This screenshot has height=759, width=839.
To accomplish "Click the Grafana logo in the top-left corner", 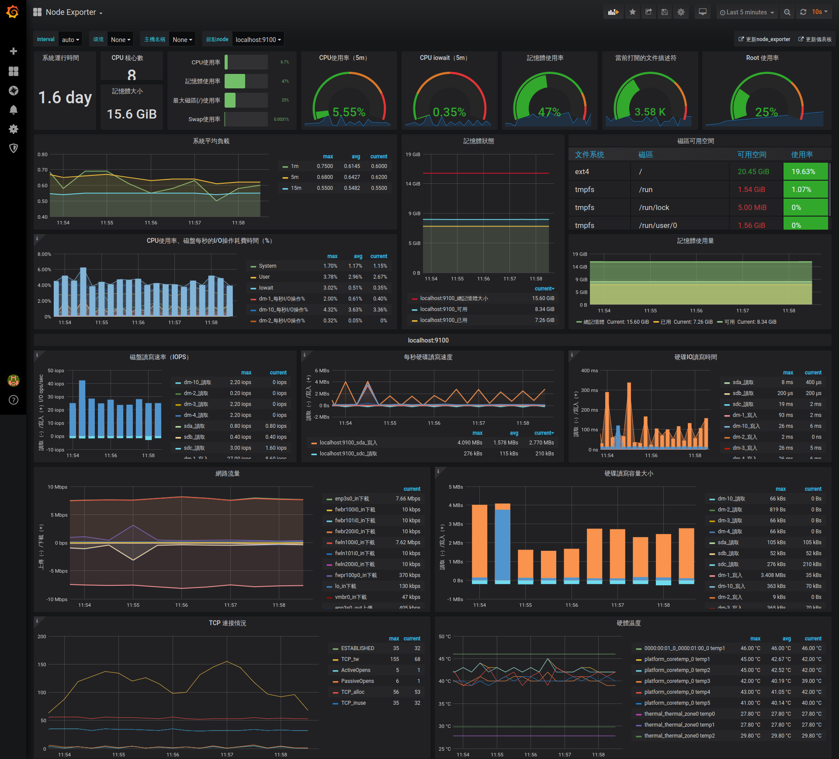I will pos(13,12).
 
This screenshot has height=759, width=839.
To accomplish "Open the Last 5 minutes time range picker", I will pos(747,12).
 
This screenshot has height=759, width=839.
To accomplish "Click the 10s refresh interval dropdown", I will pos(819,12).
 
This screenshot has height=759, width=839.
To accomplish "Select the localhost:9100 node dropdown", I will pos(258,39).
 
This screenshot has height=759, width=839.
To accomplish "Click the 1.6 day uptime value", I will pos(65,97).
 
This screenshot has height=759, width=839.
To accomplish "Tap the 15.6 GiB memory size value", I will pos(132,114).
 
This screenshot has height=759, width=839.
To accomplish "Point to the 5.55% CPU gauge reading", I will pos(349,112).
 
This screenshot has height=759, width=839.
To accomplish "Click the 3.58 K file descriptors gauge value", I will pos(650,112).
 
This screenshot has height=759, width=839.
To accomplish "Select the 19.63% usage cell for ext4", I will pos(804,171).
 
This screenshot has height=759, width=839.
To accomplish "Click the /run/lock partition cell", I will pos(654,207).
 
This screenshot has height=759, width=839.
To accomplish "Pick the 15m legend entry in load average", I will pos(296,188).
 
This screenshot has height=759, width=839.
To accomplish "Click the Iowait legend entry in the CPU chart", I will pos(266,288).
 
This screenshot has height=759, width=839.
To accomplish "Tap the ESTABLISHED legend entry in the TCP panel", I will pos(357,648).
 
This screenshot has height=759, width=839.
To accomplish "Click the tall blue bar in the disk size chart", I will pos(503,545).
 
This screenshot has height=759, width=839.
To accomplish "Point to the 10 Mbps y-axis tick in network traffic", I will pos(57,487).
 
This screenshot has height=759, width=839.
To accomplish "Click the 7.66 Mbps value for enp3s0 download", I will pos(408,499).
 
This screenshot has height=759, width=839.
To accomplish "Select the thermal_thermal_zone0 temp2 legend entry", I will pos(679,736).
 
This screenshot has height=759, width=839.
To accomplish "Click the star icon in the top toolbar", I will pos(632,12).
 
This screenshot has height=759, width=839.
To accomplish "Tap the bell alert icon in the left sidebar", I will pos(14,110).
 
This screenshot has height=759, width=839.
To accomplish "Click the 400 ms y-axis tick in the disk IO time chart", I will pos(589,371).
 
